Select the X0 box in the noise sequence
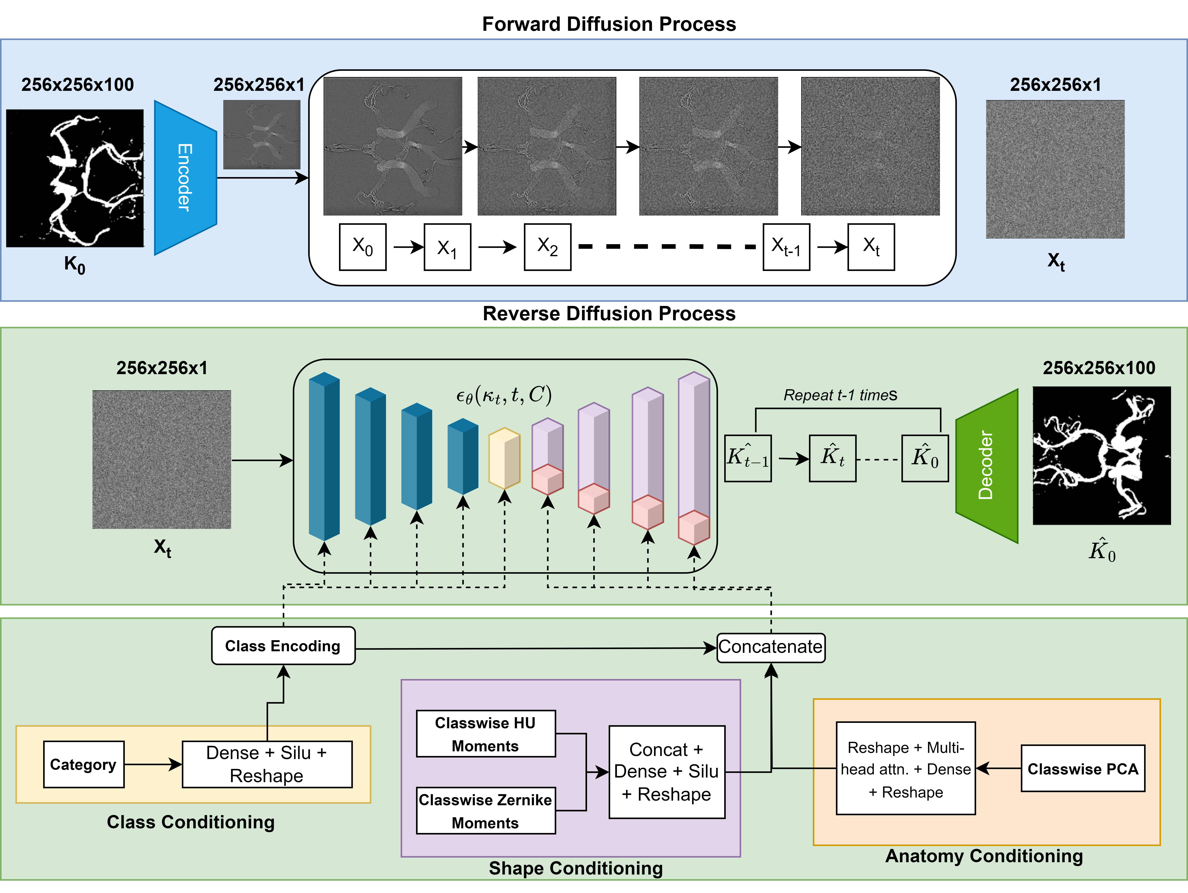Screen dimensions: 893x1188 tap(363, 247)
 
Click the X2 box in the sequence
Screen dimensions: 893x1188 tap(547, 247)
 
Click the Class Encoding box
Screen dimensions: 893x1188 tap(283, 646)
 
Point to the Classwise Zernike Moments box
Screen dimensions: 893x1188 tap(486, 810)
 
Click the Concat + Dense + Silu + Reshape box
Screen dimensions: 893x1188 tap(667, 772)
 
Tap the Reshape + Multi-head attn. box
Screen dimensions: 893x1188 tap(906, 768)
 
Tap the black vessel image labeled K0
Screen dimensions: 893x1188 tap(75, 178)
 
